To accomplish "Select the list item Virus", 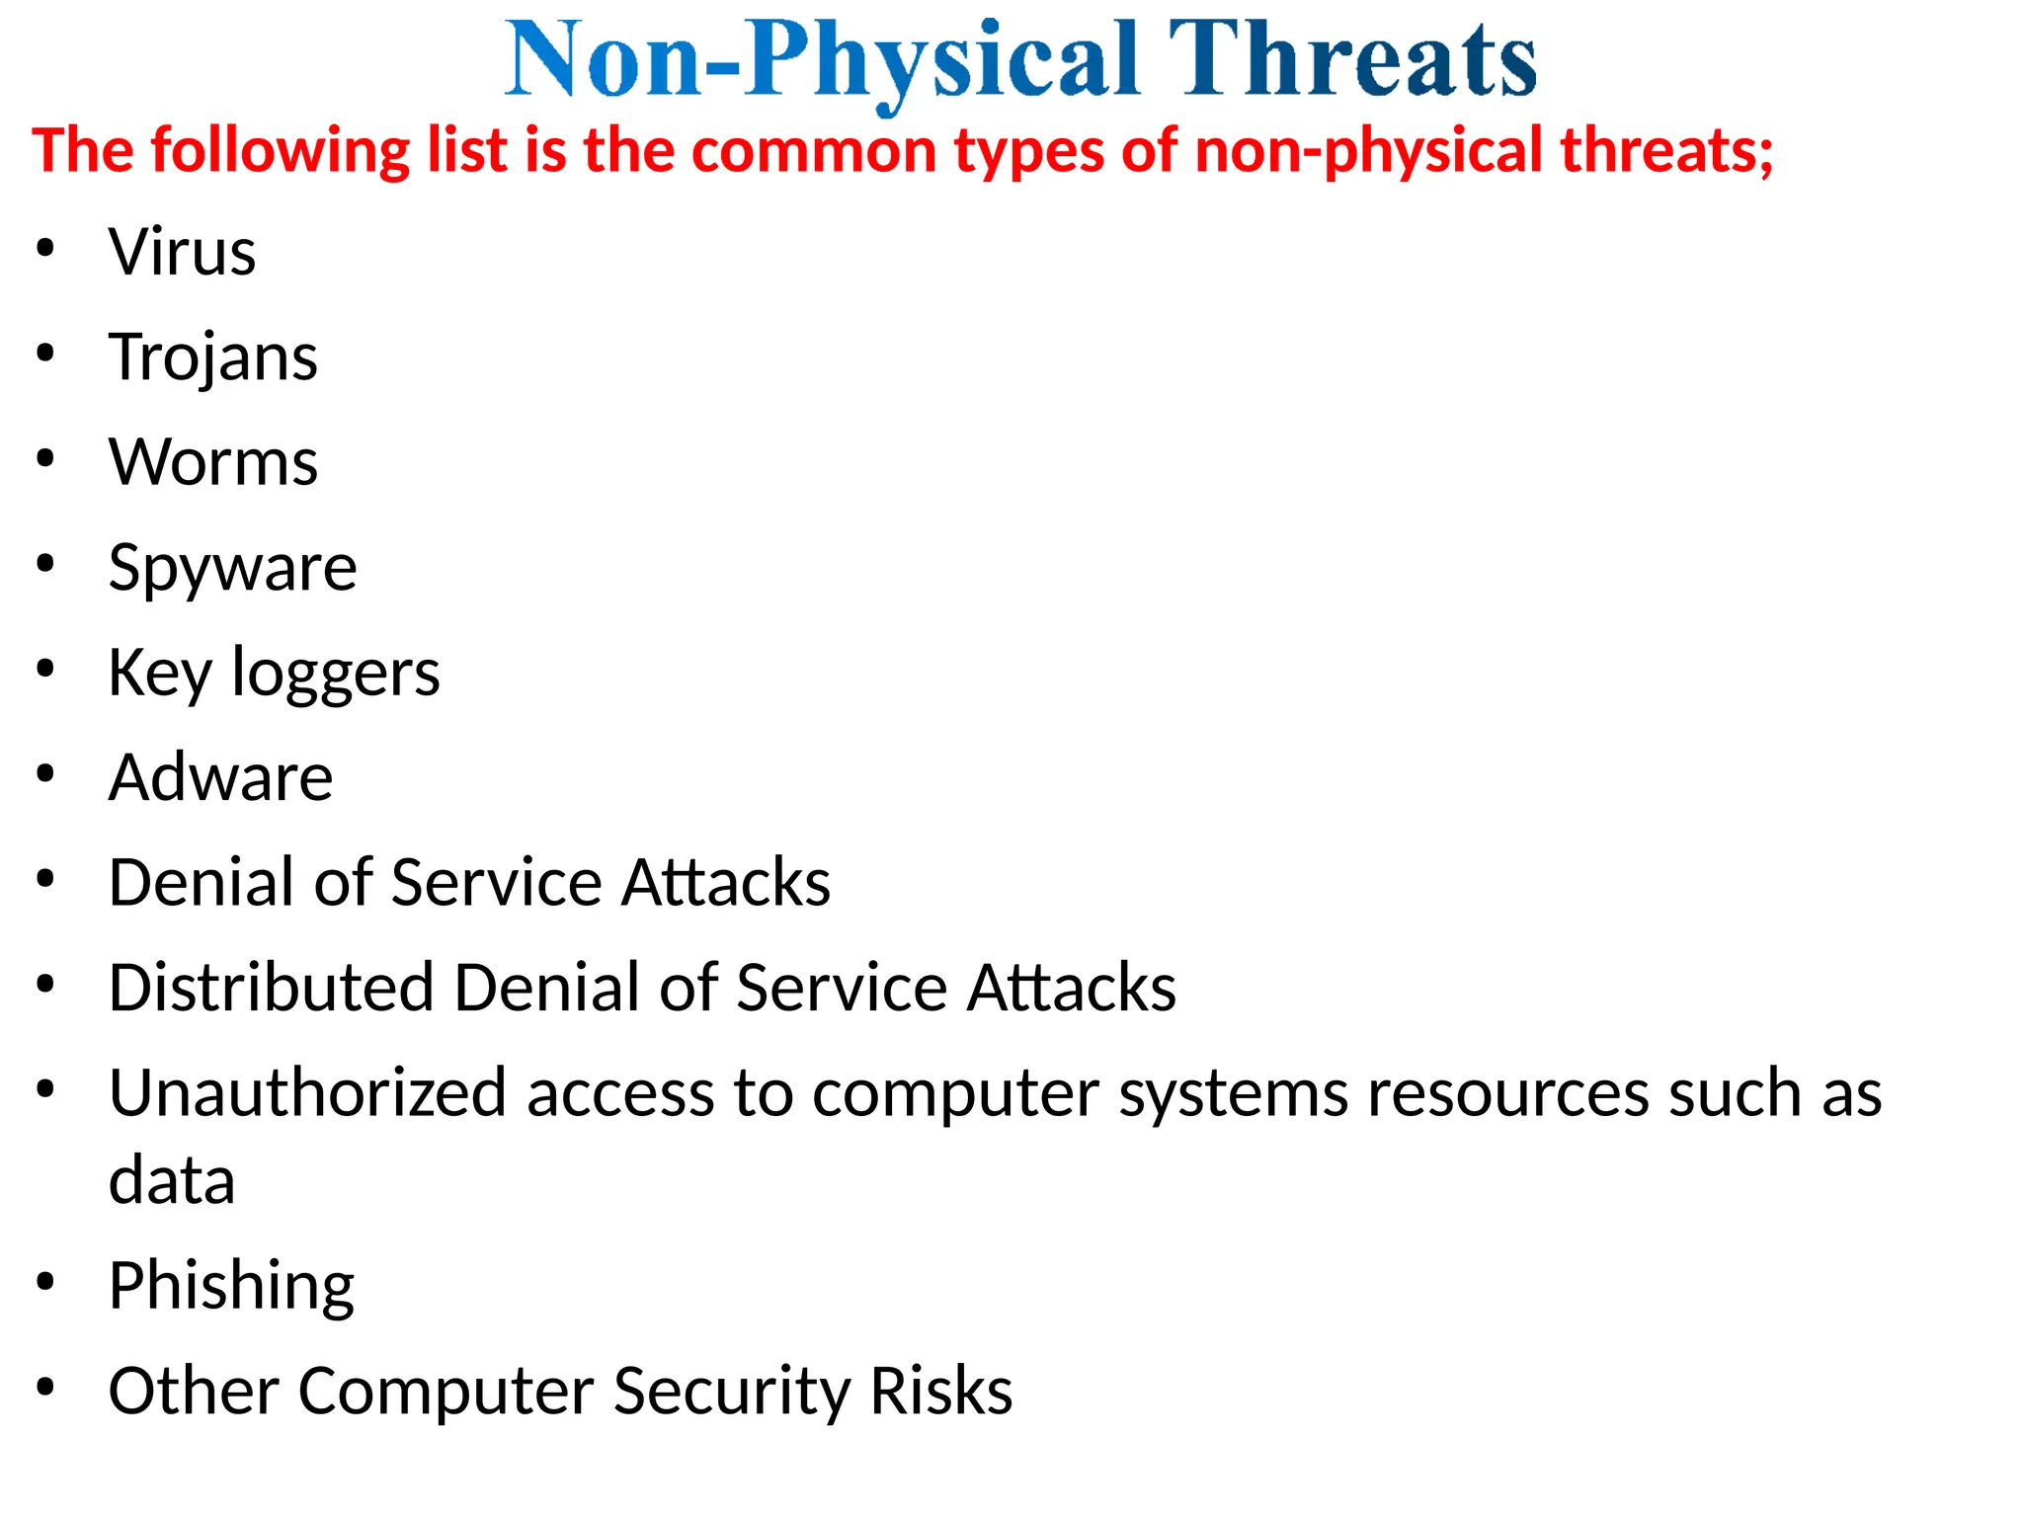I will [x=182, y=252].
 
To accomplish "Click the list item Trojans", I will [x=213, y=358].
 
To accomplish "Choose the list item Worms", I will [x=213, y=462].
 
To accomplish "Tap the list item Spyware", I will [x=233, y=569].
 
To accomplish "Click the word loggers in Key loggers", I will [x=336, y=674].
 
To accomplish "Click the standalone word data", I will [x=172, y=1180].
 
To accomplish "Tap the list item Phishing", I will [x=231, y=1286].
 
